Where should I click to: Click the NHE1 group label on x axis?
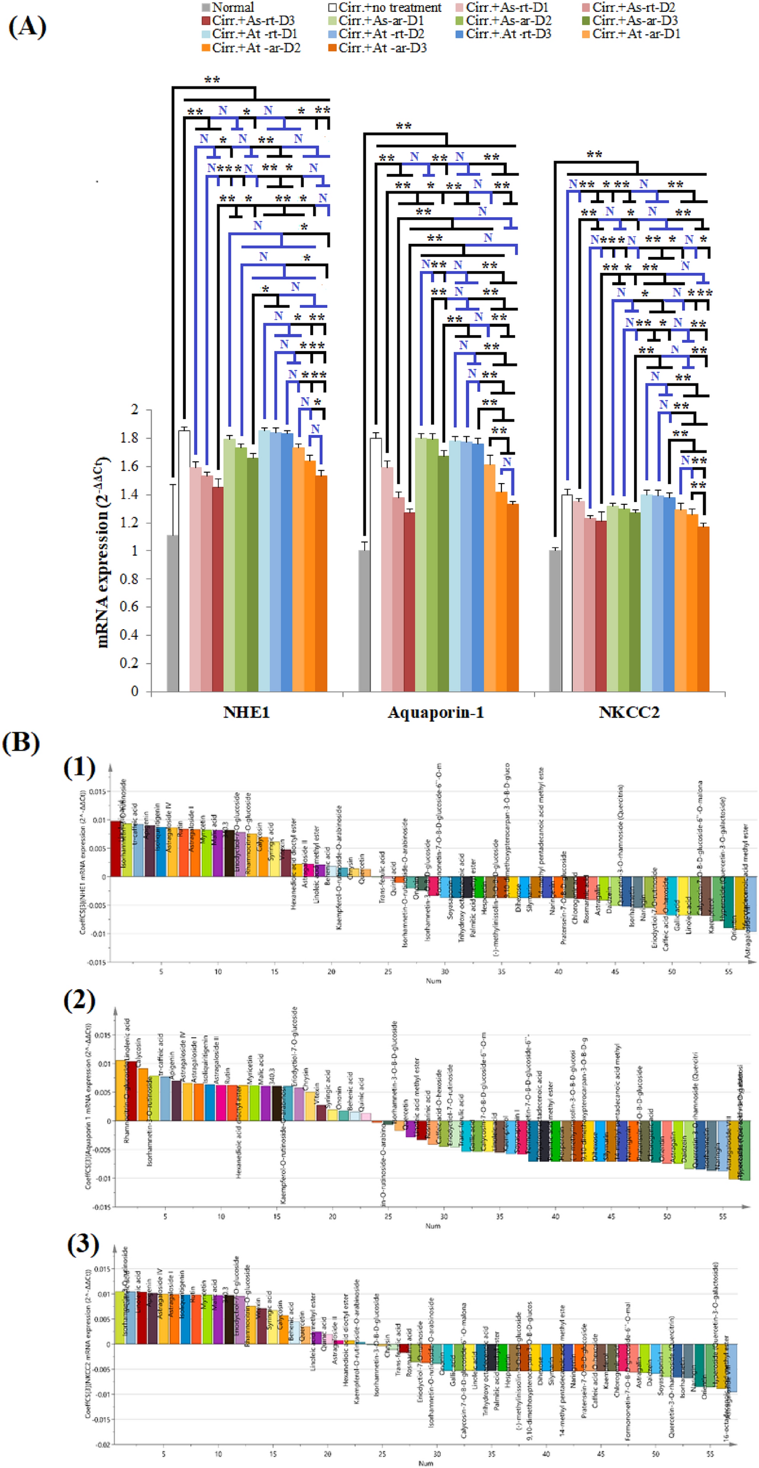246,712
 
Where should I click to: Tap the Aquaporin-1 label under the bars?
436,712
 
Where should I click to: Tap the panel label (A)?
27,27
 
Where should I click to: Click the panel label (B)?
21,743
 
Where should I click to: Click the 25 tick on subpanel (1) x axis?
388,971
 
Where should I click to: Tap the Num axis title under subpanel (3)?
426,1463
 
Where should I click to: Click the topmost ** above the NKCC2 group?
594,154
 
